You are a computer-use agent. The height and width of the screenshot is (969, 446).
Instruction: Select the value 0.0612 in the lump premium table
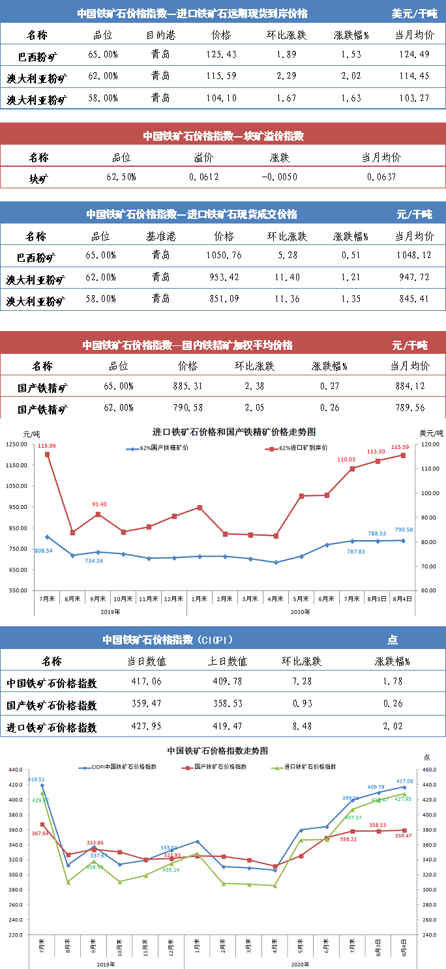point(204,177)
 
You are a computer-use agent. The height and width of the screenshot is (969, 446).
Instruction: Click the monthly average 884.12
point(410,386)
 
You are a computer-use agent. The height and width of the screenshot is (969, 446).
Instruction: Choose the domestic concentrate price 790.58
point(188,408)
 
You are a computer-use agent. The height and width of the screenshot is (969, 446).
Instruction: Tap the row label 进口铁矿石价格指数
point(52,727)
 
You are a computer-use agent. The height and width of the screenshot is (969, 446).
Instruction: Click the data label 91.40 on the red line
point(99,504)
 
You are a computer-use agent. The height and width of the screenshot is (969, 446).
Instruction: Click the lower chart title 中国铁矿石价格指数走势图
point(217,751)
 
